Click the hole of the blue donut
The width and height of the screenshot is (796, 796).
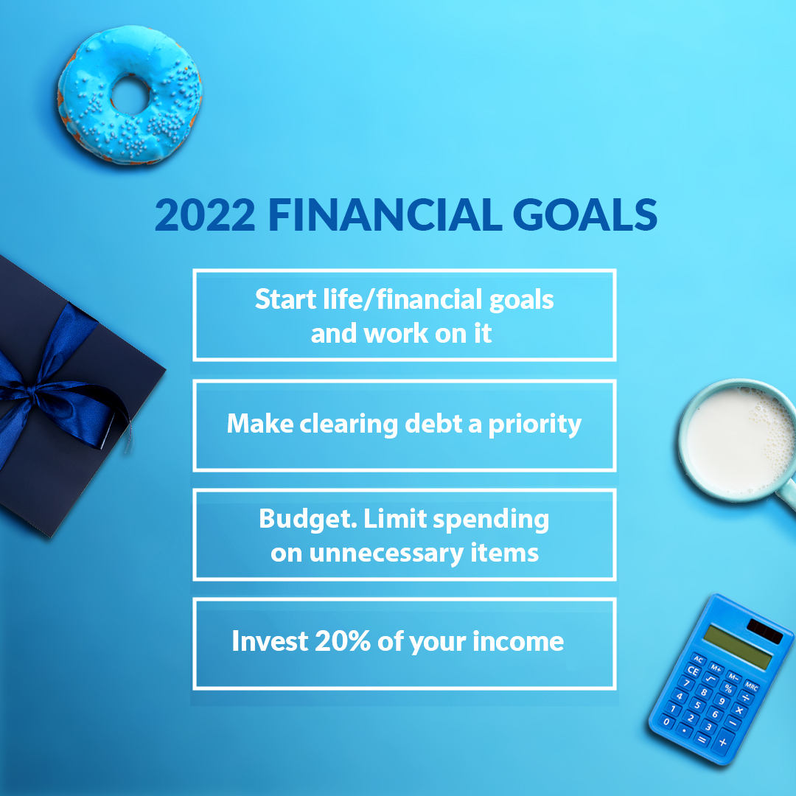click(x=130, y=94)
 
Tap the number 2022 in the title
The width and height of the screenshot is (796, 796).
click(x=205, y=214)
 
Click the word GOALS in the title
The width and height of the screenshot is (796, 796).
click(x=584, y=214)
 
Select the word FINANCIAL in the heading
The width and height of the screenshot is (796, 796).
click(x=385, y=214)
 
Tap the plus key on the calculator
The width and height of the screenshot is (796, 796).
click(x=723, y=743)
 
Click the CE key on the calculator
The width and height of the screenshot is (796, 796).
click(x=693, y=670)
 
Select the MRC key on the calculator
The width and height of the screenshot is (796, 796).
click(x=751, y=687)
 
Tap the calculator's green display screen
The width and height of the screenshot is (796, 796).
click(x=739, y=647)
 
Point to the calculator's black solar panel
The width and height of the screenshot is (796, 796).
click(x=765, y=631)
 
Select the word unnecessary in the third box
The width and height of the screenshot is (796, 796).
click(x=385, y=553)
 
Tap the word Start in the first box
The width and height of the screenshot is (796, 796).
click(x=286, y=299)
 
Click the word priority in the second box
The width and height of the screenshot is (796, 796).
click(x=535, y=425)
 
